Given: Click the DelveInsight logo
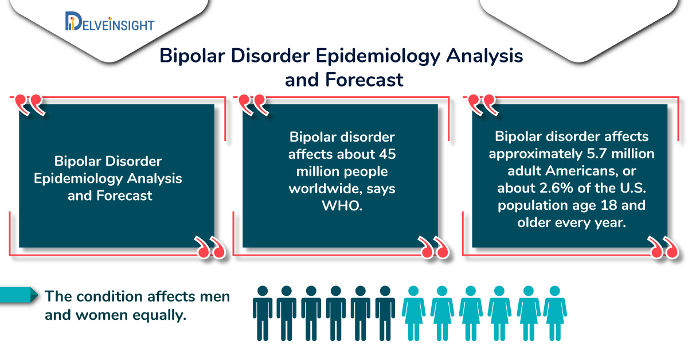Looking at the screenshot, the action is pyautogui.click(x=110, y=22).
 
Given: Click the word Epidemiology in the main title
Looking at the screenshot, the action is pyautogui.click(x=378, y=57).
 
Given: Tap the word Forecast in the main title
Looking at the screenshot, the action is pyautogui.click(x=364, y=80).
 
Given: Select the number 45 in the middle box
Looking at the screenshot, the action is pyautogui.click(x=387, y=154).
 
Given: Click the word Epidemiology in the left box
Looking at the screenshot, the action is pyautogui.click(x=79, y=179).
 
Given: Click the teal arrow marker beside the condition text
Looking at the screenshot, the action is pyautogui.click(x=19, y=295).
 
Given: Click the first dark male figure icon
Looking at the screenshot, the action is pyautogui.click(x=263, y=314).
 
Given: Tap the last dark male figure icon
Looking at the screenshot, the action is pyautogui.click(x=385, y=314).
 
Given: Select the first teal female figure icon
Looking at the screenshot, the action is pyautogui.click(x=413, y=314).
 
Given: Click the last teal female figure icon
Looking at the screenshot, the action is pyautogui.click(x=555, y=314).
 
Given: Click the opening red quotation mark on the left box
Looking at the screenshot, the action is pyautogui.click(x=29, y=104).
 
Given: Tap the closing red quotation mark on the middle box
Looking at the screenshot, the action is pyautogui.click(x=433, y=247).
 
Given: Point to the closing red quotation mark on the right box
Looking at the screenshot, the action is pyautogui.click(x=663, y=247).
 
